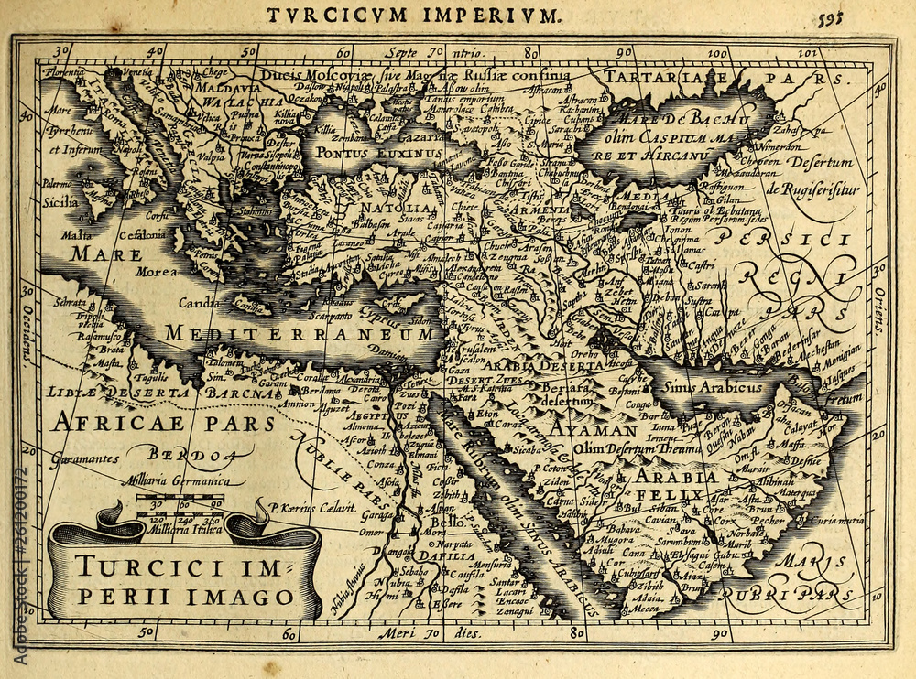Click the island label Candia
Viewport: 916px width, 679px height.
(199, 302)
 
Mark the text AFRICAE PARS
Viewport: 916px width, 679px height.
(163, 423)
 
